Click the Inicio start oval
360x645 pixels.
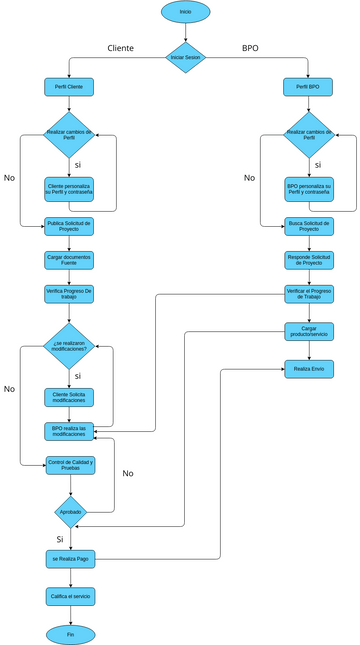pyautogui.click(x=185, y=12)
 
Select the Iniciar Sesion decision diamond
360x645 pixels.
pyautogui.click(x=185, y=57)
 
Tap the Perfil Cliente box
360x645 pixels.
pyautogui.click(x=70, y=87)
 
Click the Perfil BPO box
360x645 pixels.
pyautogui.click(x=308, y=87)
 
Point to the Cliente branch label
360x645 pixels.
pyautogui.click(x=121, y=48)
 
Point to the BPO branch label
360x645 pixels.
pyautogui.click(x=249, y=48)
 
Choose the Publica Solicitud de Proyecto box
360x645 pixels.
pyautogui.click(x=70, y=226)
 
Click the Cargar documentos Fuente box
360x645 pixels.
pyautogui.click(x=70, y=259)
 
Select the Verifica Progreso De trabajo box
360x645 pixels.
pyautogui.click(x=70, y=293)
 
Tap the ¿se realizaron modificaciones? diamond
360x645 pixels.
pyautogui.click(x=70, y=347)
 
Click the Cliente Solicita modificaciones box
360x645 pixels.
pyautogui.click(x=70, y=397)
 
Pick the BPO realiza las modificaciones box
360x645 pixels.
pyautogui.click(x=70, y=431)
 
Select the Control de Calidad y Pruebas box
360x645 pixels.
pyautogui.click(x=70, y=465)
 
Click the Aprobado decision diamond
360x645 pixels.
pyautogui.click(x=70, y=511)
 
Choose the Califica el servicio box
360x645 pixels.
pyautogui.click(x=70, y=596)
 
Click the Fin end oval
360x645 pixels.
pyautogui.click(x=70, y=634)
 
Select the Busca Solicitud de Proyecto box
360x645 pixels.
pyautogui.click(x=308, y=226)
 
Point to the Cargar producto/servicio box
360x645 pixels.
pyautogui.click(x=308, y=331)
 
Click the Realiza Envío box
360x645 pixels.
pyautogui.click(x=308, y=369)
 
